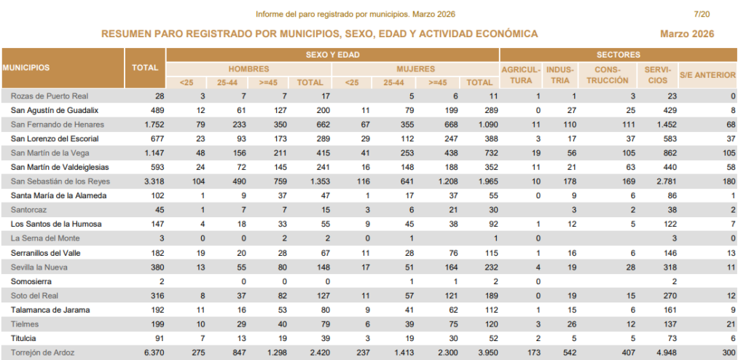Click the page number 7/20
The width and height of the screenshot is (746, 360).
pyautogui.click(x=702, y=14)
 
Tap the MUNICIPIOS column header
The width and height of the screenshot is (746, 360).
pyautogui.click(x=26, y=68)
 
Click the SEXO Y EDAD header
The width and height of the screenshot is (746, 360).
pyautogui.click(x=332, y=55)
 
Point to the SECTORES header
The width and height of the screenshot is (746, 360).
pyautogui.click(x=618, y=55)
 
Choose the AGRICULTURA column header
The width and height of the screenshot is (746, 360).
pyautogui.click(x=520, y=75)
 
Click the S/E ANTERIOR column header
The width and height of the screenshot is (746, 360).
pyautogui.click(x=707, y=75)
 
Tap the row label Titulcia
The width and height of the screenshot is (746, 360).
pyautogui.click(x=26, y=338)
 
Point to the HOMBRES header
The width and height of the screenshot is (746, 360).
pyautogui.click(x=248, y=69)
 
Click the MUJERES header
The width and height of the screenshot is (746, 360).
pyautogui.click(x=415, y=69)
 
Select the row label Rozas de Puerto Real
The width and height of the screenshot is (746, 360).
pyautogui.click(x=50, y=95)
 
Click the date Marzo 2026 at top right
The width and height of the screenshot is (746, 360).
pyautogui.click(x=686, y=34)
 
